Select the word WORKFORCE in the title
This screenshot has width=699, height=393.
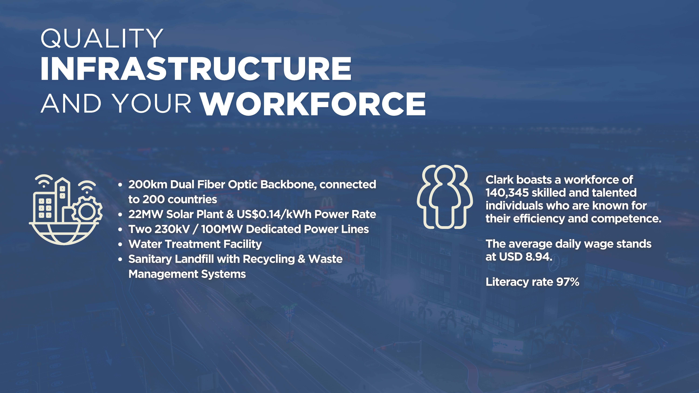[x=313, y=104]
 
